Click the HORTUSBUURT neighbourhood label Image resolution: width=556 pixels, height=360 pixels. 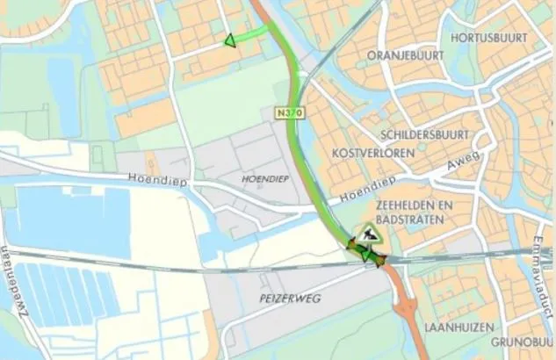point(488,39)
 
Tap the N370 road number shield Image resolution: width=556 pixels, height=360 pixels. point(284,113)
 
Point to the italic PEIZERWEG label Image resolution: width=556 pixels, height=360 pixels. point(291,299)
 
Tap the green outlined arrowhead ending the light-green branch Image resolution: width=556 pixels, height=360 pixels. point(229,40)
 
